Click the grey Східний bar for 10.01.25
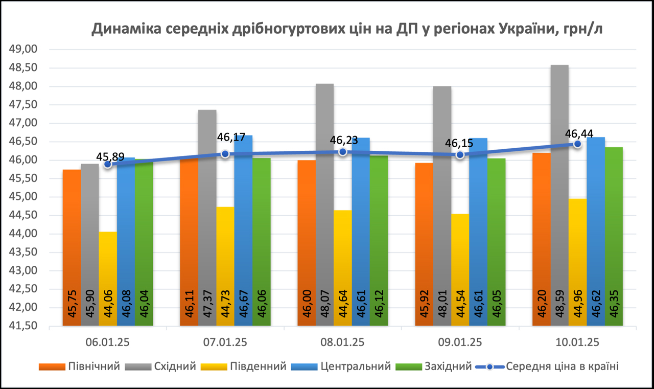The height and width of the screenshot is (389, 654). point(559,194)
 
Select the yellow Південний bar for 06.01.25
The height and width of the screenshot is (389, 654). point(108,279)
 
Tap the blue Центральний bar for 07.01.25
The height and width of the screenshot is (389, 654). point(243,230)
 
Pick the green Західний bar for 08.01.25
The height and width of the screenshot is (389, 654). point(379,240)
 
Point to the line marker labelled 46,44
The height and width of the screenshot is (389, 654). point(577,144)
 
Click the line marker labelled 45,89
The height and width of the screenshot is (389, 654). point(107,164)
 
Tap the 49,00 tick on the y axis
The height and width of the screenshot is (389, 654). point(24,50)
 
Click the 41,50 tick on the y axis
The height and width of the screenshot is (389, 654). point(24,326)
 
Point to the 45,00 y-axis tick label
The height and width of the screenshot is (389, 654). point(24,197)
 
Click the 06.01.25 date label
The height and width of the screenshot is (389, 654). point(107,342)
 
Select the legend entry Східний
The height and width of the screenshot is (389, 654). point(175,367)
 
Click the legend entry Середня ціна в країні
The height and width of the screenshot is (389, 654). point(562,367)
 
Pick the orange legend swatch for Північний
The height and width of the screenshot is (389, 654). point(52,367)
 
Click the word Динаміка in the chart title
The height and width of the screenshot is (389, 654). point(128,29)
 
